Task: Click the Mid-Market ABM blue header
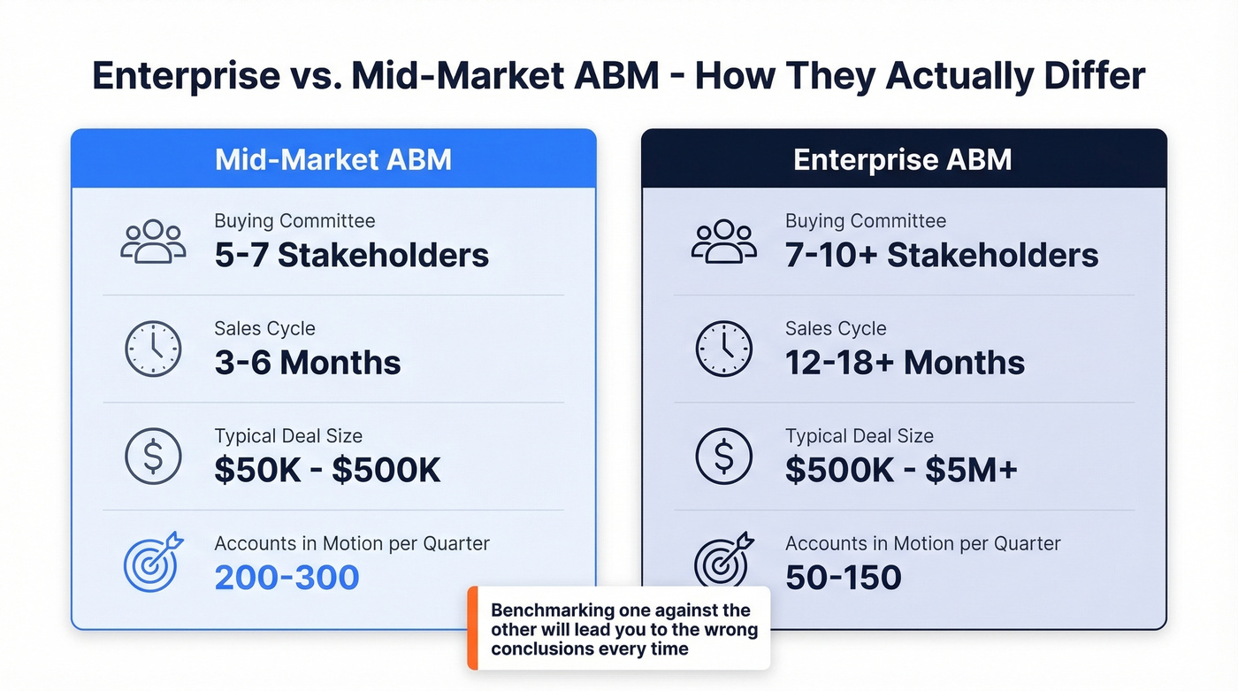(333, 159)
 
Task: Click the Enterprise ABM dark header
(903, 159)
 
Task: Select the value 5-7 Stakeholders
(351, 256)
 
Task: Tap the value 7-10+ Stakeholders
(942, 256)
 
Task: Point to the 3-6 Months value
(307, 363)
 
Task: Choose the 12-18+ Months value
(905, 363)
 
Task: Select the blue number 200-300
(287, 578)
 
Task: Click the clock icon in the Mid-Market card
(153, 349)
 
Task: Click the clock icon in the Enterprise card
(723, 349)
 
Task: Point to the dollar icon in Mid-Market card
(153, 457)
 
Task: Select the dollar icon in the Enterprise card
(723, 457)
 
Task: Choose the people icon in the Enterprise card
(723, 241)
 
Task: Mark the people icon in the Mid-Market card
(153, 241)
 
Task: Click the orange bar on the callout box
(472, 628)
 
